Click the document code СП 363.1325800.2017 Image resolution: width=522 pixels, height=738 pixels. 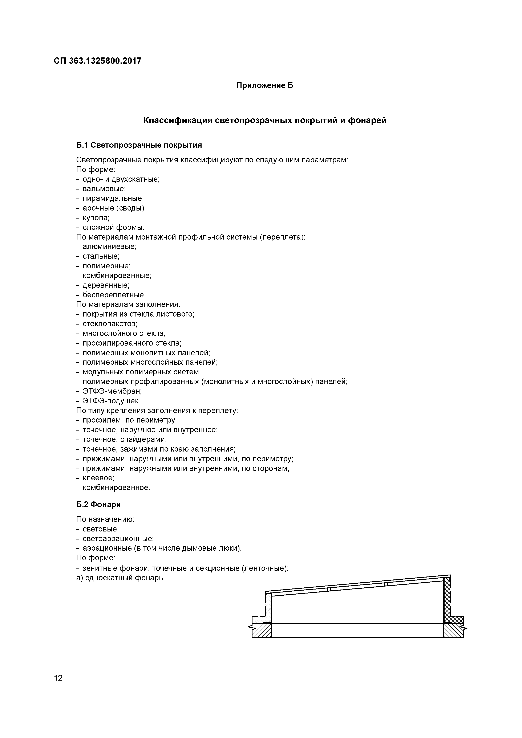point(97,61)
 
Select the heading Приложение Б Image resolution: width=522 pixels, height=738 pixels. point(265,86)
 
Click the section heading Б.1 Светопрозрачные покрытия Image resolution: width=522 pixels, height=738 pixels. point(139,145)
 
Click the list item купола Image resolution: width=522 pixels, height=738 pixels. point(96,218)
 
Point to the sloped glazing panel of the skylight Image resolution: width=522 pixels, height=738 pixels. point(357,586)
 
